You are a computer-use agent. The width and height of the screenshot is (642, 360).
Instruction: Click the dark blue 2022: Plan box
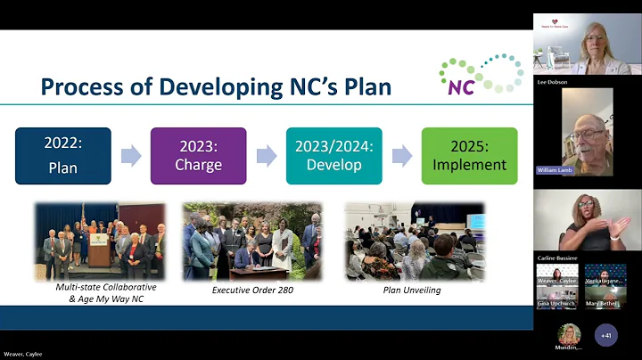pyautogui.click(x=63, y=156)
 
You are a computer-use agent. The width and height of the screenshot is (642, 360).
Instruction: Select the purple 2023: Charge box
pyautogui.click(x=198, y=156)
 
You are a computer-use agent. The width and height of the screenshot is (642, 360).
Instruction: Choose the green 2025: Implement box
pyautogui.click(x=469, y=156)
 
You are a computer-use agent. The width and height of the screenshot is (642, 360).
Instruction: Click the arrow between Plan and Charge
pyautogui.click(x=131, y=156)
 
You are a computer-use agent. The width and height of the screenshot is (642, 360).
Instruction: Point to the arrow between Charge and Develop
pyautogui.click(x=266, y=156)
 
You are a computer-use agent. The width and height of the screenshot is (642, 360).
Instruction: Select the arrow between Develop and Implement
pyautogui.click(x=401, y=156)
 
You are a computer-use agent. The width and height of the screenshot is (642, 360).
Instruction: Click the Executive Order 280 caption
pyautogui.click(x=252, y=290)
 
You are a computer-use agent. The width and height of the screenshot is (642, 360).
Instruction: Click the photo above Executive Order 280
pyautogui.click(x=252, y=241)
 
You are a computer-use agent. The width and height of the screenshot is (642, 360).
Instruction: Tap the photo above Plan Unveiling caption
pyautogui.click(x=415, y=241)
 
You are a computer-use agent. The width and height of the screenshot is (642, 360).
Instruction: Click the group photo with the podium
pyautogui.click(x=101, y=241)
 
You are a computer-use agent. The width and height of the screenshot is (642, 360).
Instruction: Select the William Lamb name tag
pyautogui.click(x=555, y=170)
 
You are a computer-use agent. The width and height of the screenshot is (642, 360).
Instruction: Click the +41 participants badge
pyautogui.click(x=607, y=336)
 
